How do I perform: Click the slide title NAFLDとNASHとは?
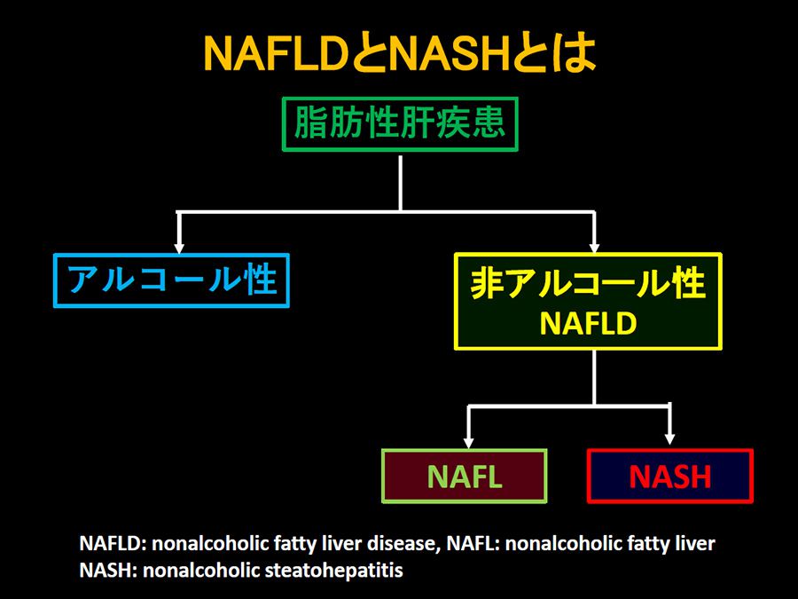tap(400, 53)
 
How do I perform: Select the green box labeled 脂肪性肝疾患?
tap(400, 123)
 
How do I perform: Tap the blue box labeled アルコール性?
tap(171, 280)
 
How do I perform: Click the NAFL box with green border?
tap(464, 476)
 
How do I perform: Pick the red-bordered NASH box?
tap(669, 476)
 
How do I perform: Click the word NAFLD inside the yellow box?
tap(588, 323)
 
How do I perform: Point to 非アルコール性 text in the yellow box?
tap(588, 283)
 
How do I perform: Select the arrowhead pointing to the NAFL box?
tap(469, 443)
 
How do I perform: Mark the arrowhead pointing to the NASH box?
tap(669, 439)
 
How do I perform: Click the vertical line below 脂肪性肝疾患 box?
tap(401, 184)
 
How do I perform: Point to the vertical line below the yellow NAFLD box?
tap(594, 378)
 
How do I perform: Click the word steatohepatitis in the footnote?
tap(334, 570)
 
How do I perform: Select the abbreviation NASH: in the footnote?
tap(109, 570)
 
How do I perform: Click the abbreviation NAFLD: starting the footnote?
tap(113, 543)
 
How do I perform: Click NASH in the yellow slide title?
tap(450, 53)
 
